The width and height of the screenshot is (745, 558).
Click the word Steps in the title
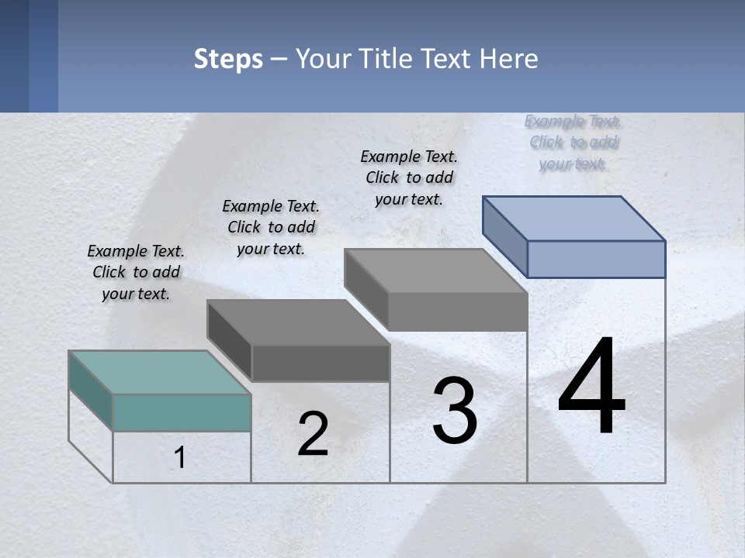point(228,59)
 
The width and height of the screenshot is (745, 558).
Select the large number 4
point(591,387)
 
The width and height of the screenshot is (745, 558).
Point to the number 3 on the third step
point(455,411)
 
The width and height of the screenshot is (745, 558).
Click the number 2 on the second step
point(313,435)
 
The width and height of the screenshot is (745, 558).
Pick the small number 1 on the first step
point(180,458)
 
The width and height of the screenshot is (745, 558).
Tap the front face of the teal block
point(182,412)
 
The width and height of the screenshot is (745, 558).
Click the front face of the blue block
point(596,259)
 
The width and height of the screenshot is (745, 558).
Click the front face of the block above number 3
point(458,312)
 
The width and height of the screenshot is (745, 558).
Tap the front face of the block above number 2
point(320,363)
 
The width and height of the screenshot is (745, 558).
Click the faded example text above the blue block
point(573,143)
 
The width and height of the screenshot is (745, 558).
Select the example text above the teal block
point(136,272)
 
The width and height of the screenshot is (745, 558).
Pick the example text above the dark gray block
point(271,227)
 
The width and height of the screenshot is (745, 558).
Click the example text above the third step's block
point(409,177)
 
